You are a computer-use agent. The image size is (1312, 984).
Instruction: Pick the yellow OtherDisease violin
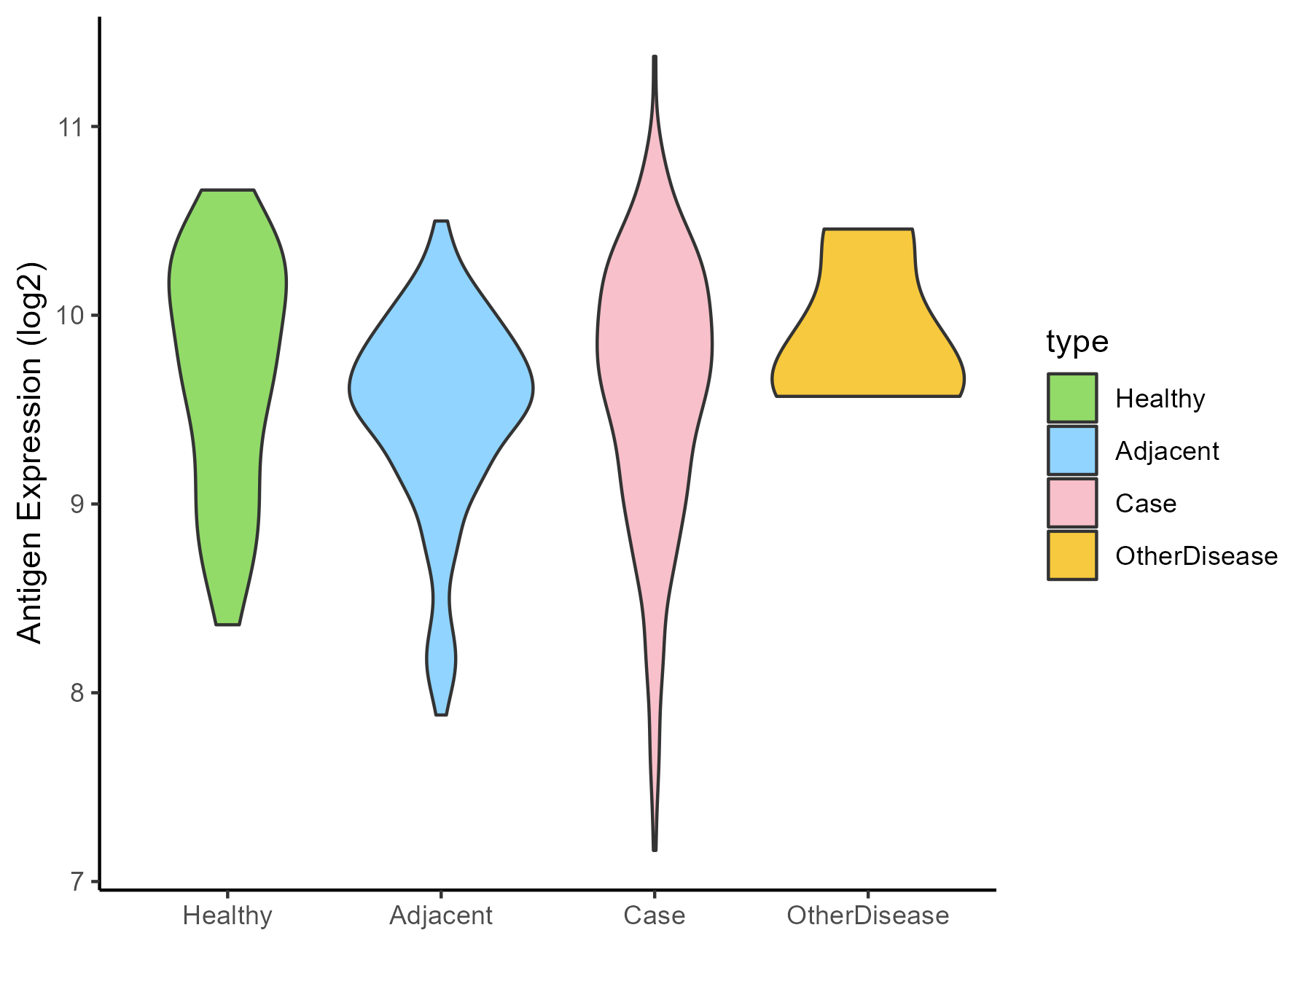tap(867, 343)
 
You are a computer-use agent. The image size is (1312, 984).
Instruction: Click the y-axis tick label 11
tap(70, 128)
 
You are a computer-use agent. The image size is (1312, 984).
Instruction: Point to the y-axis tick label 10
tap(70, 316)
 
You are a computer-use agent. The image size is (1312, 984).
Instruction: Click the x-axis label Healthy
tap(227, 915)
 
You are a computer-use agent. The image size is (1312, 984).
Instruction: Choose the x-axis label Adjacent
tap(441, 915)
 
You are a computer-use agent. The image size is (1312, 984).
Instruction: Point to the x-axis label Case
tap(655, 915)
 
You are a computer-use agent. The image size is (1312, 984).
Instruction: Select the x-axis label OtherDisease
tap(868, 915)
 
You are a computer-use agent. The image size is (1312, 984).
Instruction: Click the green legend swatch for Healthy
tap(1072, 398)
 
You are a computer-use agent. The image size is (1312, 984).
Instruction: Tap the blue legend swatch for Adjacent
tap(1072, 450)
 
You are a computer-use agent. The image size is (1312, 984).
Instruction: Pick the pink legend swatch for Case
tap(1072, 503)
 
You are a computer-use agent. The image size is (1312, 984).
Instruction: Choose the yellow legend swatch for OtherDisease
tap(1072, 555)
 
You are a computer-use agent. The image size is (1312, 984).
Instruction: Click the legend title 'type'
tap(1077, 342)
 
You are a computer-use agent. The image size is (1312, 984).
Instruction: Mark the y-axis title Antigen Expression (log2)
tap(31, 452)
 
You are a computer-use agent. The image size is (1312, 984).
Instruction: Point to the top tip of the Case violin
tap(655, 57)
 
